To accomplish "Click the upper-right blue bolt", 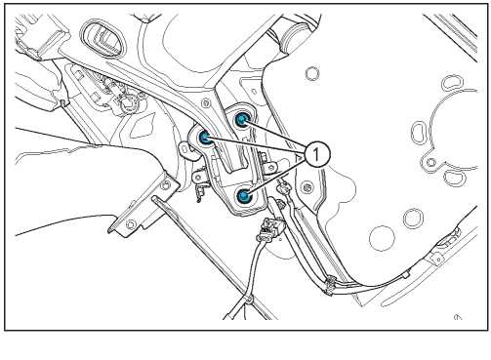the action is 241,120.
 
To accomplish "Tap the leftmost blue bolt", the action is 205,138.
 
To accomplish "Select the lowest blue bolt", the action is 243,196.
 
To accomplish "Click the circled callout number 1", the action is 316,154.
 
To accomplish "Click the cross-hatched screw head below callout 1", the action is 306,187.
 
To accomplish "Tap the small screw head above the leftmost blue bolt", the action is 206,103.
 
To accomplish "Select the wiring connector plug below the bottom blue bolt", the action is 270,228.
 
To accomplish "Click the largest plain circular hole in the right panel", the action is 382,238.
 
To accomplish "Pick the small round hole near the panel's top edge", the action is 312,73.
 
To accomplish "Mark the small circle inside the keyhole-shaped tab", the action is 431,162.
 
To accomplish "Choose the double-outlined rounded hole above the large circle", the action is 413,219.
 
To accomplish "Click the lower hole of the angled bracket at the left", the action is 131,224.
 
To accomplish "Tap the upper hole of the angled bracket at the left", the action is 166,184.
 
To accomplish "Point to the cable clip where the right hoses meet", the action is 330,284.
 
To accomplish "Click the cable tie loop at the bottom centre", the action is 248,299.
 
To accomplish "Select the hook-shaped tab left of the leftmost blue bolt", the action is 185,150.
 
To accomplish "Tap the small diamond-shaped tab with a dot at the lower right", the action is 437,259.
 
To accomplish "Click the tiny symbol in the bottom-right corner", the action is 458,317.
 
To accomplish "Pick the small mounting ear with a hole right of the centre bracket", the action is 270,168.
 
